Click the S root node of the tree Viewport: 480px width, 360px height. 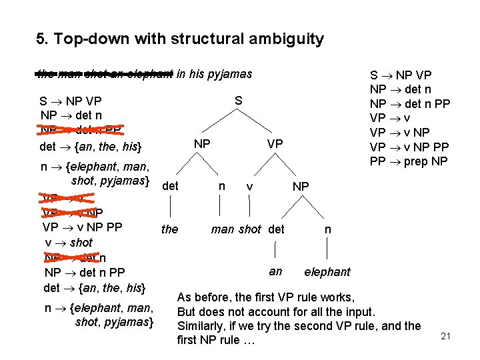coord(238,101)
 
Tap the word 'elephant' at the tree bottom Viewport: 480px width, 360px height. coord(327,272)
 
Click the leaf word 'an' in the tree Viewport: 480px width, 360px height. coord(275,271)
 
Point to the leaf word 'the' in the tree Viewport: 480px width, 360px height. coord(170,229)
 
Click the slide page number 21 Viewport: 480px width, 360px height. coord(446,337)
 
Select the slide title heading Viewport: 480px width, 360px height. coord(180,39)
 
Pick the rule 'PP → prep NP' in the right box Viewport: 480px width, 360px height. coord(409,161)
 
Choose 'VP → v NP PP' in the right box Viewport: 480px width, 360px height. coord(409,147)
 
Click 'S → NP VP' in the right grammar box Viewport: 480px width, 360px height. coord(401,75)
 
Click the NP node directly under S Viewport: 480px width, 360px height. coord(201,144)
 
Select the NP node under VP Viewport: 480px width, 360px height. coord(301,186)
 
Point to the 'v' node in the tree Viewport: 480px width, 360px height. coord(249,186)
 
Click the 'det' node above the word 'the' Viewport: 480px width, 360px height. coord(170,186)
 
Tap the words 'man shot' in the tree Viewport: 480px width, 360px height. coord(236,229)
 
